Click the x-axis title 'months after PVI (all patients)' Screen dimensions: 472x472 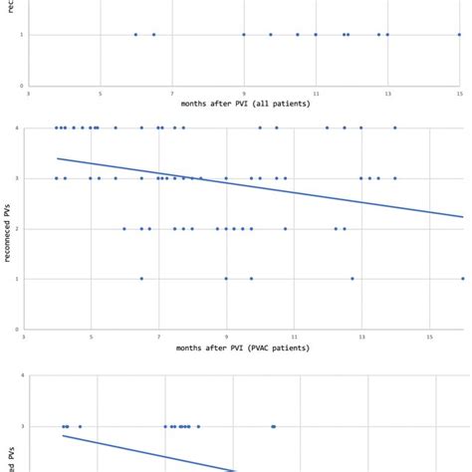[x=244, y=104]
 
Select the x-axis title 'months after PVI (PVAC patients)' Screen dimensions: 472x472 [x=244, y=348]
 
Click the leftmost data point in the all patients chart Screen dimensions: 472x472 [x=136, y=35]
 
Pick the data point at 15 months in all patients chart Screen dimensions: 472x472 [x=459, y=35]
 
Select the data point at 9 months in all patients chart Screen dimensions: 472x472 [x=244, y=35]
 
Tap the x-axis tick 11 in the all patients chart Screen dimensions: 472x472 [x=316, y=94]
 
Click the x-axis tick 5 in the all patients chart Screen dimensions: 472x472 [x=101, y=94]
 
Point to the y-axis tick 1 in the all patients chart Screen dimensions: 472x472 [x=22, y=35]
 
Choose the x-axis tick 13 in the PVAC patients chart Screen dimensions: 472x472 [x=361, y=338]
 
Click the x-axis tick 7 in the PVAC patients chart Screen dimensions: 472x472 [x=158, y=338]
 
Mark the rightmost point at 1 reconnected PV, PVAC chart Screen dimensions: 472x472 [x=463, y=279]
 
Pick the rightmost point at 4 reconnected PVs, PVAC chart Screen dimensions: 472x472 [x=395, y=127]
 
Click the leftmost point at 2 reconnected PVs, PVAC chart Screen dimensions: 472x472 [x=124, y=228]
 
